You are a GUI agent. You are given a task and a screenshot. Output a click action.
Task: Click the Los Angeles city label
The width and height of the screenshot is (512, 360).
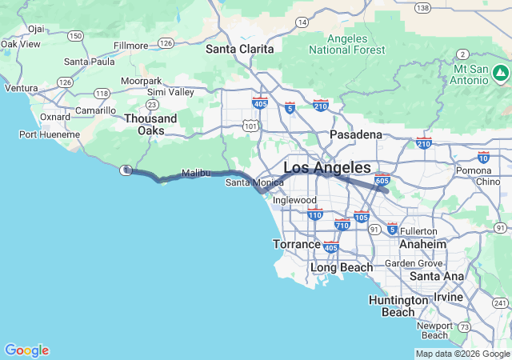pos(327,168)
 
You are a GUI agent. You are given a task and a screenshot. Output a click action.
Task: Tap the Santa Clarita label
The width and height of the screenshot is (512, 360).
pos(240,49)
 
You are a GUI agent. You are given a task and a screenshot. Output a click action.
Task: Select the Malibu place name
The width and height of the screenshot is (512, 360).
pos(196,173)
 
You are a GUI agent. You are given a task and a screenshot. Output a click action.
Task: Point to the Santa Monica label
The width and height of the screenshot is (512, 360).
pos(254,182)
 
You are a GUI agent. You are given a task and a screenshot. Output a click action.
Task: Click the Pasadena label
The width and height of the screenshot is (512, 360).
pos(353,134)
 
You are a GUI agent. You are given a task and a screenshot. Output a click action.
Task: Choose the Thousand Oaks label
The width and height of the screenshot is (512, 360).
pos(150,124)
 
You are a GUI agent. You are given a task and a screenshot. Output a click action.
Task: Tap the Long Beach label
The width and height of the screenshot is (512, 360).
pos(342,267)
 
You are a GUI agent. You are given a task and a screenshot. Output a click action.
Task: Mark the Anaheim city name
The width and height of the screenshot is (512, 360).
pos(422,244)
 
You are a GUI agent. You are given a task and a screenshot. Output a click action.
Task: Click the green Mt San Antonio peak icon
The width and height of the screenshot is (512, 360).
pos(501,74)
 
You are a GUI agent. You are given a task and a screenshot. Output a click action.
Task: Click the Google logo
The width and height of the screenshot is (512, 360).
pos(26,350)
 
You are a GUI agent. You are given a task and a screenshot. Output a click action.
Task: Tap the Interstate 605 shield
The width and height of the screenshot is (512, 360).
pos(382,179)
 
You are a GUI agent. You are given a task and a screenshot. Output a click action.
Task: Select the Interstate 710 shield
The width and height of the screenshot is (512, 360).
pos(342,225)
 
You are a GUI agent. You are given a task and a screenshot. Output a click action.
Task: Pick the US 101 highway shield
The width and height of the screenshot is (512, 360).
pos(250,125)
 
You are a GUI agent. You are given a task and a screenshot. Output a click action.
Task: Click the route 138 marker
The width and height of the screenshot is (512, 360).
pos(422,7)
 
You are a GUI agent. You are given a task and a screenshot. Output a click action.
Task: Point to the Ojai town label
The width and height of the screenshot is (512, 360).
pos(35,28)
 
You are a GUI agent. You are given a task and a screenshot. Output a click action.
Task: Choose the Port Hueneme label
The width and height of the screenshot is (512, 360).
pos(50,134)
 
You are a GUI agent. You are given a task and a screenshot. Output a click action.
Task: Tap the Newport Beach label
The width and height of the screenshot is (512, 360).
pos(434,330)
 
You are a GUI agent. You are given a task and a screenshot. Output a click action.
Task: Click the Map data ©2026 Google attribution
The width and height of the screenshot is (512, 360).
pos(462,354)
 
